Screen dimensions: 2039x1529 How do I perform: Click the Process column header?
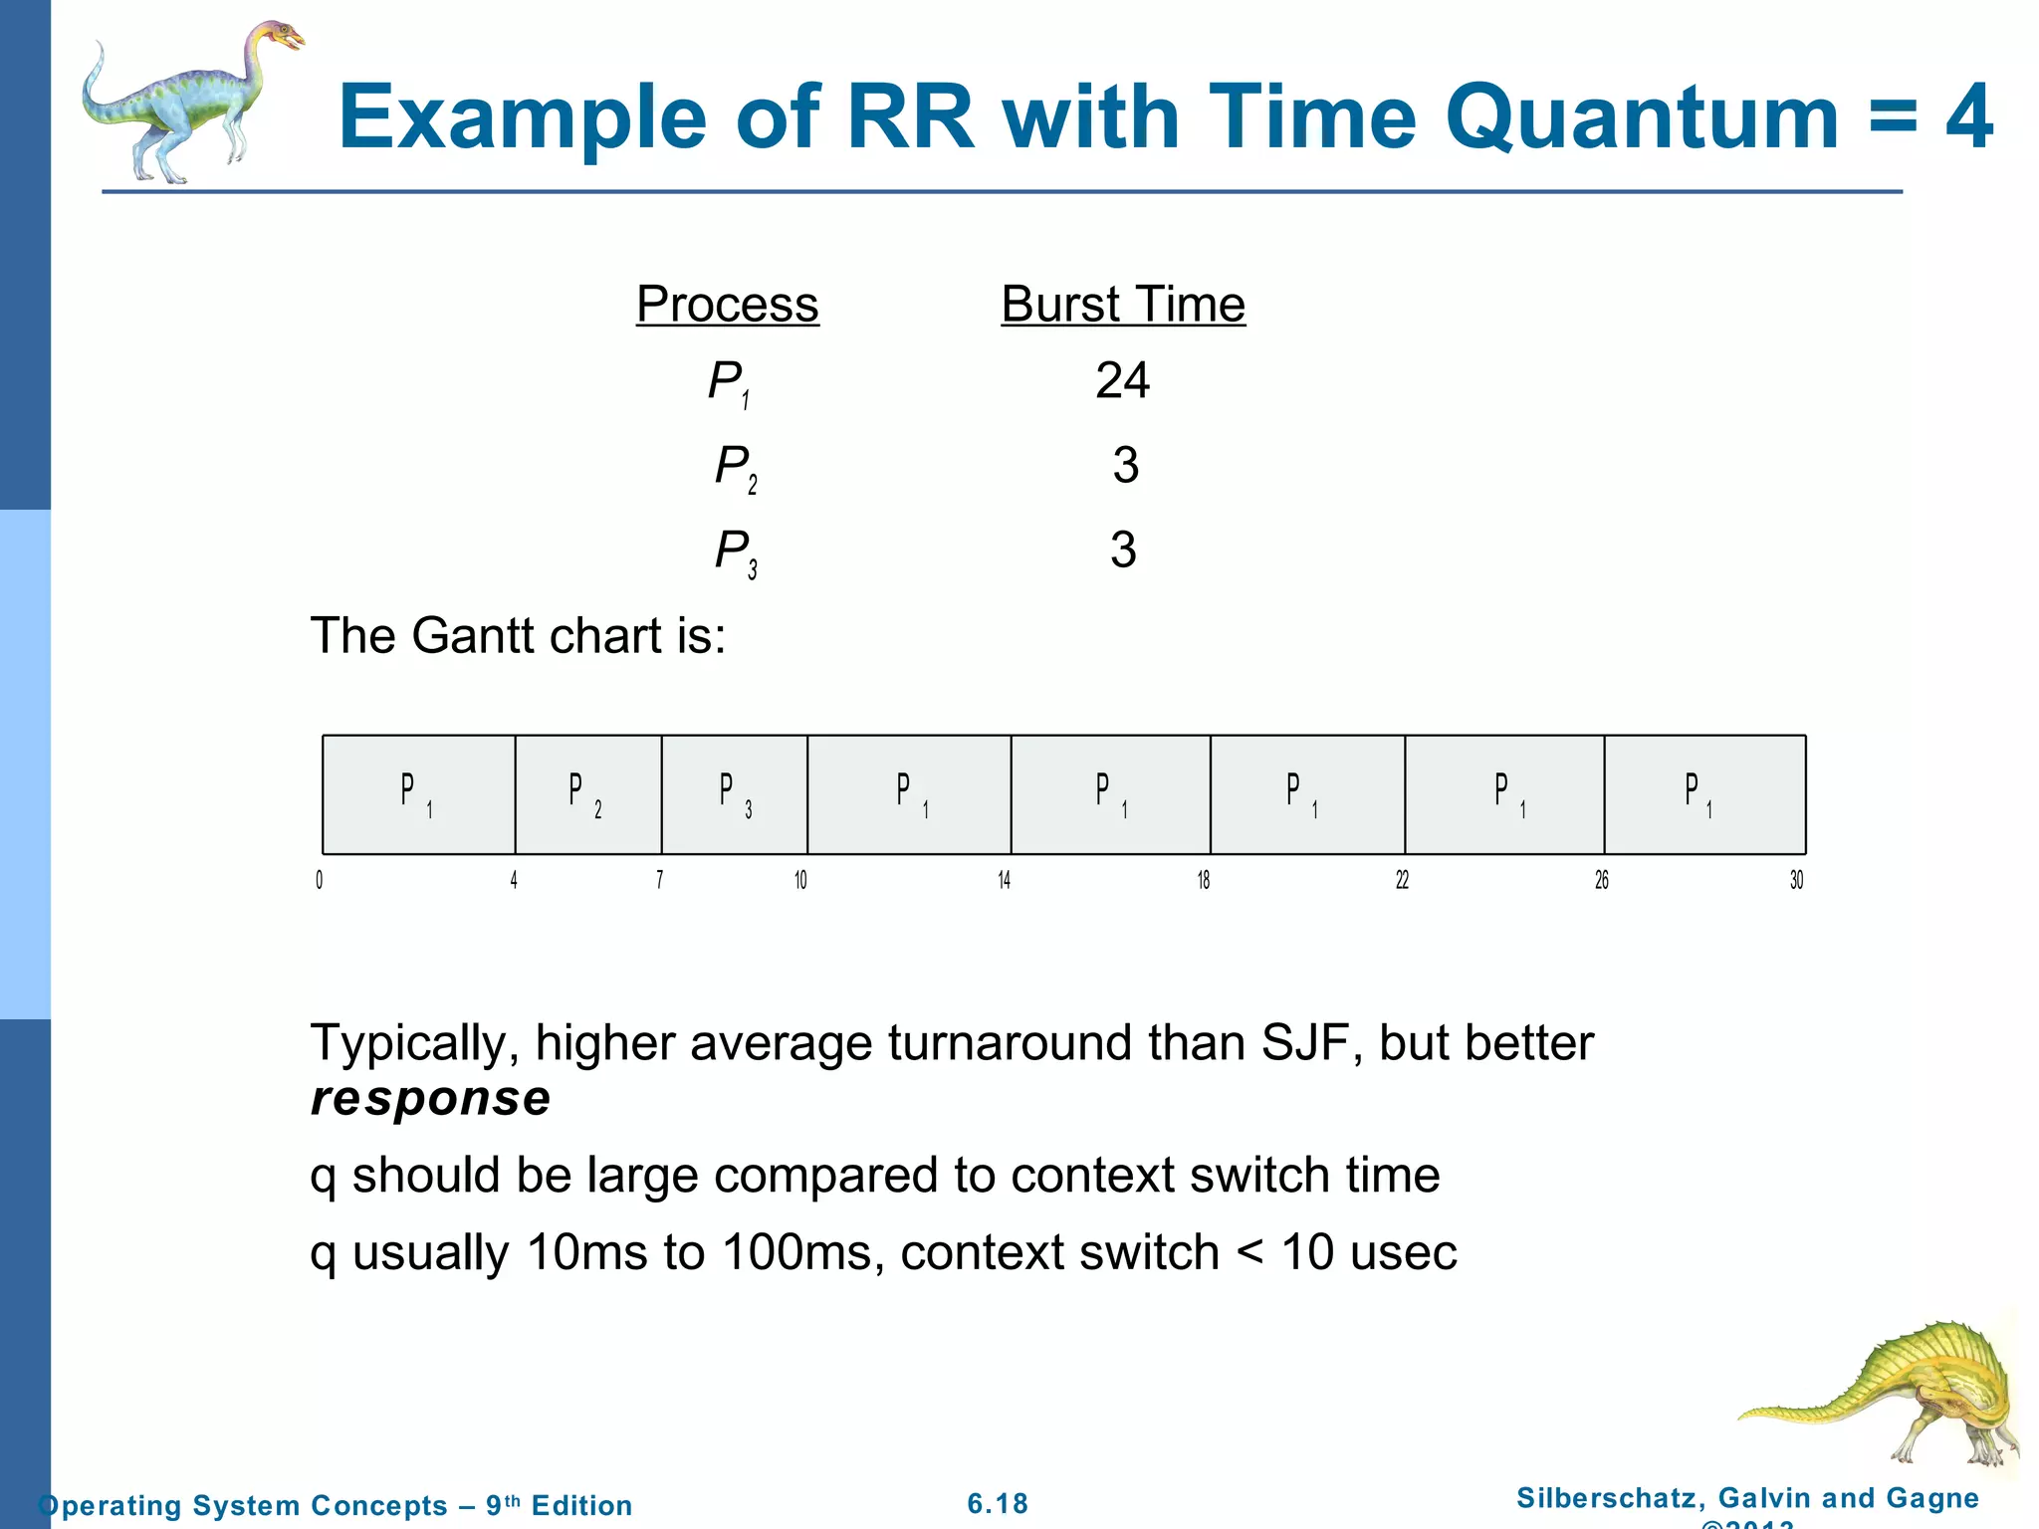click(x=727, y=305)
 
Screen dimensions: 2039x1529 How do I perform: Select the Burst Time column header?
click(x=1122, y=305)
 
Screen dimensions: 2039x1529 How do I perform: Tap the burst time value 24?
click(x=1122, y=380)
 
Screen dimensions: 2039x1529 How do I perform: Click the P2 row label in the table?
click(x=735, y=467)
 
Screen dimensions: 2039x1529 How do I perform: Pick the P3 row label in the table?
click(x=735, y=551)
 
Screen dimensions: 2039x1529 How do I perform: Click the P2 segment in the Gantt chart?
click(x=587, y=794)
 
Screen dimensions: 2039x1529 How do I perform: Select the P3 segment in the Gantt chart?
click(x=735, y=794)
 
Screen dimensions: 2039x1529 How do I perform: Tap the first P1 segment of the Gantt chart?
click(x=418, y=794)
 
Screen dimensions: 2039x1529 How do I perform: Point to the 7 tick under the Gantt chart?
click(x=659, y=880)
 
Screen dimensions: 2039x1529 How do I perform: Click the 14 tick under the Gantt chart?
click(x=1004, y=880)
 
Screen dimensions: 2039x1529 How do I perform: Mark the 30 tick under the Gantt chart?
click(x=1796, y=880)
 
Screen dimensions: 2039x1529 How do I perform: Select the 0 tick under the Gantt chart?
click(x=320, y=880)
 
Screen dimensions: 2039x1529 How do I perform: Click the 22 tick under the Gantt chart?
click(x=1402, y=880)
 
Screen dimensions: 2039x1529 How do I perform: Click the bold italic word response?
click(x=430, y=1098)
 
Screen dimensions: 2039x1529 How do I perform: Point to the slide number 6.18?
click(x=998, y=1503)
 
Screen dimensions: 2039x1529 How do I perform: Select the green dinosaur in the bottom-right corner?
click(x=1892, y=1394)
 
